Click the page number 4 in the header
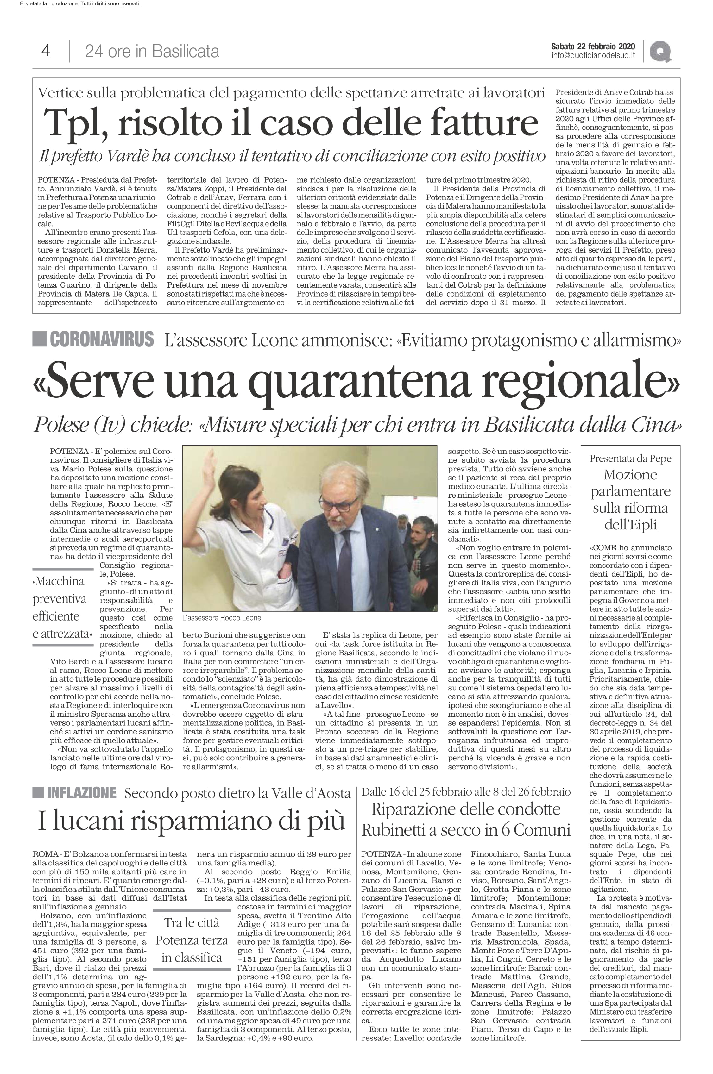coord(46,51)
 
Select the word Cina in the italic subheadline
coord(653,425)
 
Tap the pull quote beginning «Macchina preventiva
coord(62,607)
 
